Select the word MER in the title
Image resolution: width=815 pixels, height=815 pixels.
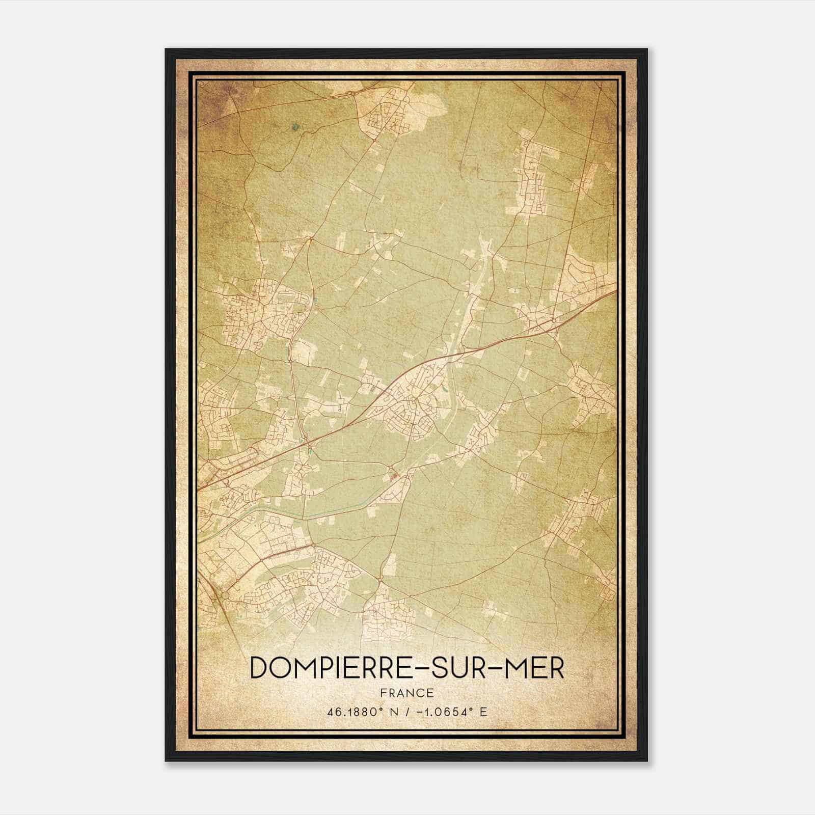(x=536, y=668)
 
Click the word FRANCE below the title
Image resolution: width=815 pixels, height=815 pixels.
(x=407, y=693)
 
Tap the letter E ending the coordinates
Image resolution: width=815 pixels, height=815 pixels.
(x=483, y=712)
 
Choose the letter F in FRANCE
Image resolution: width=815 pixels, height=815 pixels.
(x=384, y=693)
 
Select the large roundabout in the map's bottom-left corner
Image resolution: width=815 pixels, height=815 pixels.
(x=224, y=595)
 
